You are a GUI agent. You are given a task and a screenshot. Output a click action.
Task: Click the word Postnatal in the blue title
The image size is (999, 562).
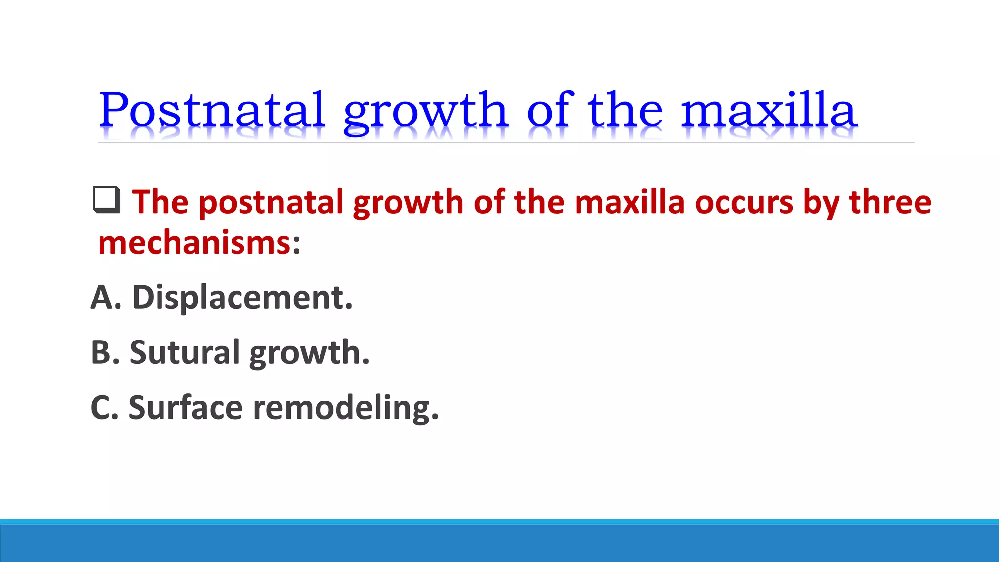coord(212,110)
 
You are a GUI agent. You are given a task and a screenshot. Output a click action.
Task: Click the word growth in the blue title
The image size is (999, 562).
coord(425,112)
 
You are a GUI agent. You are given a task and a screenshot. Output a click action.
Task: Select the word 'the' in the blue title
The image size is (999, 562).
coord(625,110)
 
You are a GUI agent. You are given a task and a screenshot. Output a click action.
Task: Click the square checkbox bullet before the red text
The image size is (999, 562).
coord(106,200)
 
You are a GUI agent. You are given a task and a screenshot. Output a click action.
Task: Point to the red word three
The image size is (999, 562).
coord(890,201)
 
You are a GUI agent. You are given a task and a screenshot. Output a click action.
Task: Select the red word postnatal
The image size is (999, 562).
coord(271,202)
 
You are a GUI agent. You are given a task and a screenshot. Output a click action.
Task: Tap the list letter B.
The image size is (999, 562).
coord(105,352)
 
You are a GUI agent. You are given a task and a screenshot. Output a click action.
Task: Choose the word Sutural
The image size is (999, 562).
coord(184,352)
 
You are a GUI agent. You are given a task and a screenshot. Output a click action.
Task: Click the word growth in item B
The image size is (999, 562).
coord(309,353)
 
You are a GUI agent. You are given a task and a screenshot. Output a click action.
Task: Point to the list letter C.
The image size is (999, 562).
coord(104,407)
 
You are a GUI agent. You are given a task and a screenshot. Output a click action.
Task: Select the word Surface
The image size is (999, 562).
coord(185,407)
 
